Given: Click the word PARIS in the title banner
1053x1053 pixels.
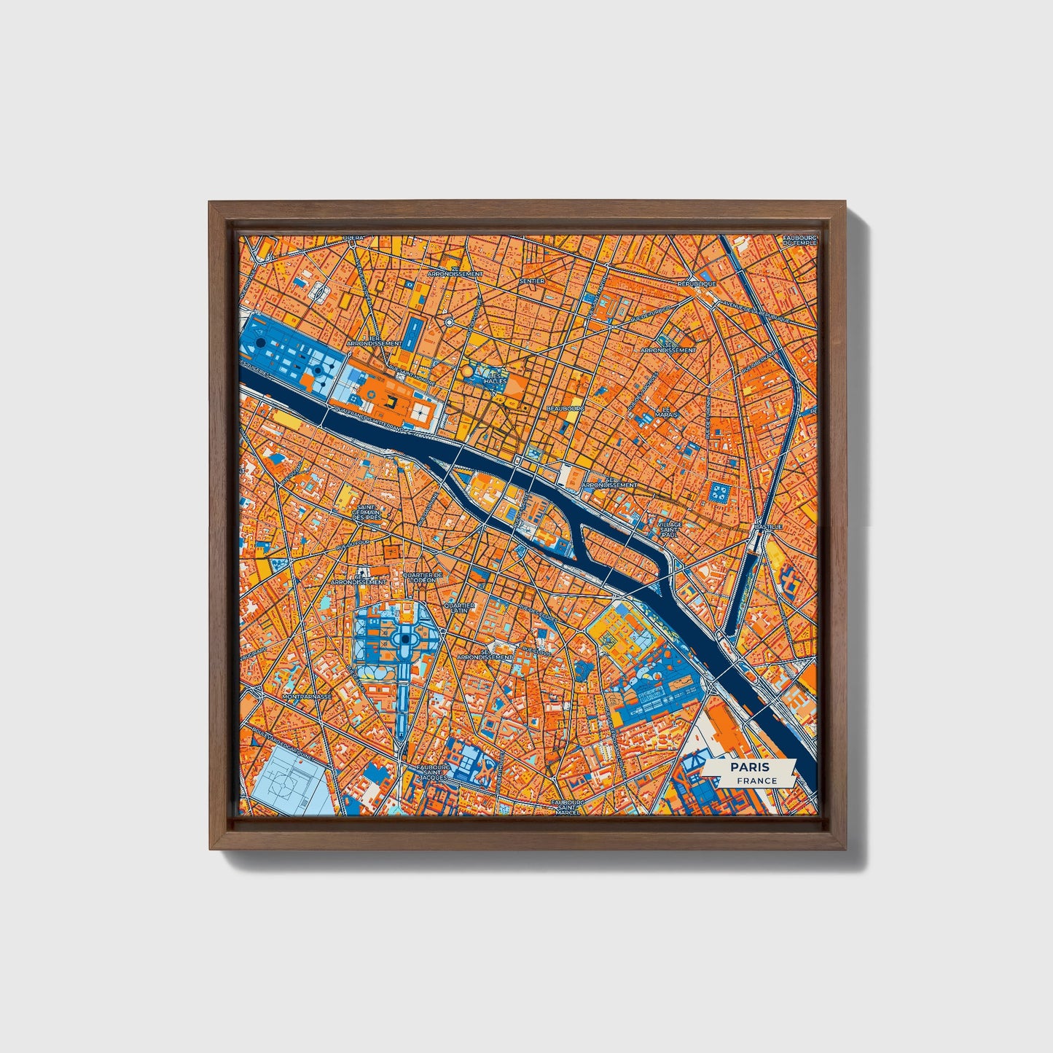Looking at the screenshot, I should click(751, 767).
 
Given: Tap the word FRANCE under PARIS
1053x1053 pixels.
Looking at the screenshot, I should click(756, 780).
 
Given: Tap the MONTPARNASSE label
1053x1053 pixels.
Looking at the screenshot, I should click(307, 697).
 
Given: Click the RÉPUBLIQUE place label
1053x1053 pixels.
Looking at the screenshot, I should click(697, 283).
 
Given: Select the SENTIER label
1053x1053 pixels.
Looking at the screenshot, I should click(532, 281).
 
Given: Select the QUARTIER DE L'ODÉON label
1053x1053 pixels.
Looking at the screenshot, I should click(422, 577).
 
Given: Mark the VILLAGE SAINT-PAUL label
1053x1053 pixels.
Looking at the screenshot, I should click(669, 529).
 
